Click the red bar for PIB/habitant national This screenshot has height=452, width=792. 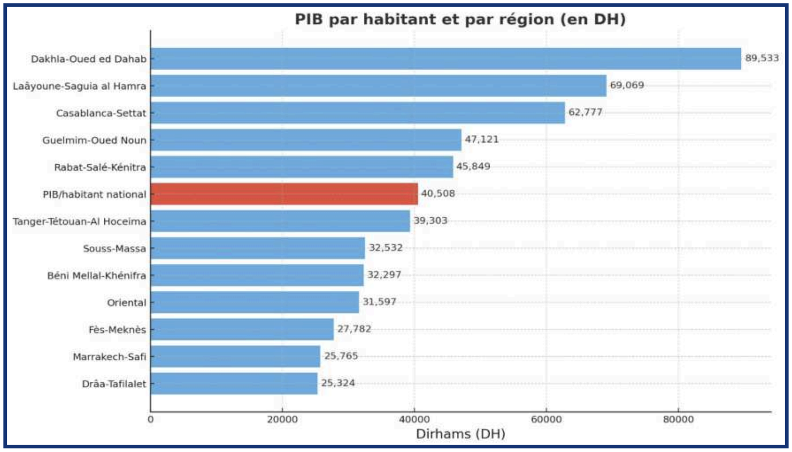(x=284, y=194)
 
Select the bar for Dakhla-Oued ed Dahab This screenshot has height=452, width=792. (x=445, y=58)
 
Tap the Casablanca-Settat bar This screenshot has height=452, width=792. (x=358, y=113)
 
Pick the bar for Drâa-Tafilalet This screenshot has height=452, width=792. (x=234, y=383)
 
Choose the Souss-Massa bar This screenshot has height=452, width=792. (x=257, y=248)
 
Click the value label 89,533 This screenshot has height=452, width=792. (x=762, y=58)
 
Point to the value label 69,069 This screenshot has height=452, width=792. (x=627, y=85)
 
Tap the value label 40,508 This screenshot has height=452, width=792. (x=438, y=193)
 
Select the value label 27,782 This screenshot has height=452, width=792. (x=354, y=329)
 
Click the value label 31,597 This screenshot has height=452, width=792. (x=379, y=301)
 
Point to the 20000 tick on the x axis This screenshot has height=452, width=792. (x=283, y=419)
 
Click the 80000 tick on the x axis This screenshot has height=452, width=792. (x=679, y=419)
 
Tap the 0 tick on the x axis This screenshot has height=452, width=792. (x=151, y=419)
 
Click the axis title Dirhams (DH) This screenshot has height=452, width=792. (x=460, y=433)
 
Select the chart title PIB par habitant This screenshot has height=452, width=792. (x=460, y=19)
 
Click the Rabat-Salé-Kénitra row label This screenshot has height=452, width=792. (x=100, y=167)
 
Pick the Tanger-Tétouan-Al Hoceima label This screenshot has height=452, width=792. (x=79, y=221)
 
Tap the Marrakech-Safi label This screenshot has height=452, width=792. (x=109, y=357)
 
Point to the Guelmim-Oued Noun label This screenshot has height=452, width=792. (x=94, y=140)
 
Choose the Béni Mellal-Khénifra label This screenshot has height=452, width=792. (x=96, y=275)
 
